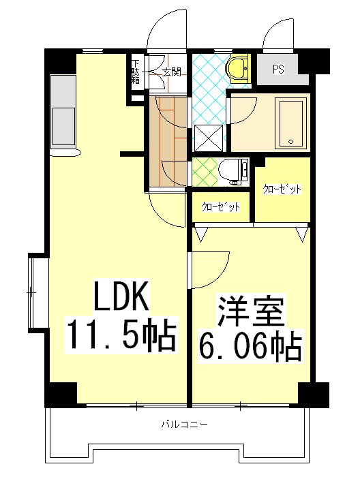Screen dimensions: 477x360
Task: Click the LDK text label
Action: (121, 296)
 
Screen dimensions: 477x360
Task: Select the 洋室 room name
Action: (250, 312)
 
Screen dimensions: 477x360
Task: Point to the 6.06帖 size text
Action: (250, 348)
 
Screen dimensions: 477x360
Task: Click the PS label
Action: (278, 69)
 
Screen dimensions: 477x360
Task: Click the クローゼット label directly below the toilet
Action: (220, 207)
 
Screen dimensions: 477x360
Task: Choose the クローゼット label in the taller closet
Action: (283, 189)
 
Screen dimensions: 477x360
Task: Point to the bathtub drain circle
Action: (291, 142)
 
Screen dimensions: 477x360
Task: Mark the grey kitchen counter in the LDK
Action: (65, 112)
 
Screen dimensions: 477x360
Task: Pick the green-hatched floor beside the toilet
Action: (204, 170)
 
